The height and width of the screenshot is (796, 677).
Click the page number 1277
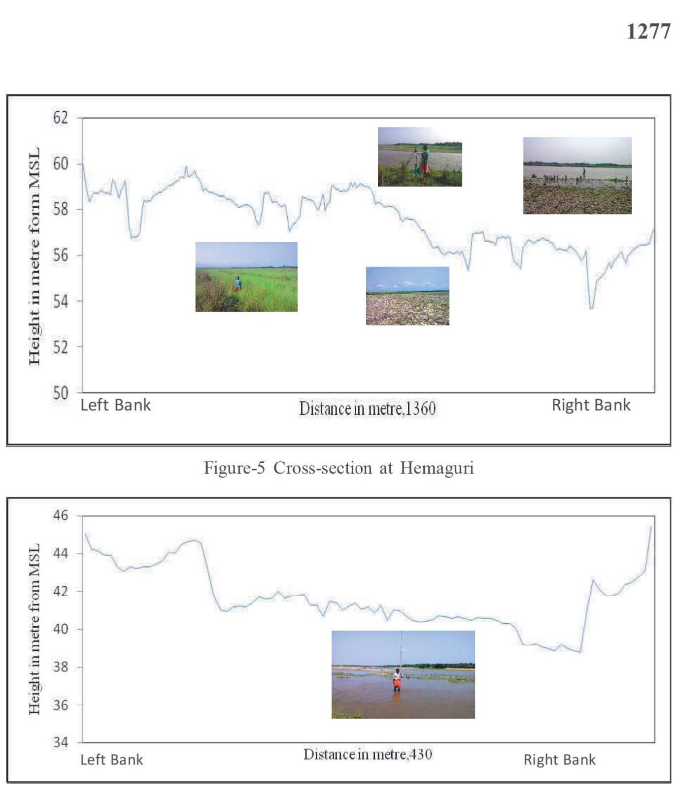(x=648, y=32)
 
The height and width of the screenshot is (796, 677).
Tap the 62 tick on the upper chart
(x=61, y=118)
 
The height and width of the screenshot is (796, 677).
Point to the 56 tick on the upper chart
(x=61, y=255)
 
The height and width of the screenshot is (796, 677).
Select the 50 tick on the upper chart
(x=61, y=393)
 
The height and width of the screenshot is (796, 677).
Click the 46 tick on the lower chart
(x=61, y=515)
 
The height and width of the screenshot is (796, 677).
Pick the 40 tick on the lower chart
(x=61, y=629)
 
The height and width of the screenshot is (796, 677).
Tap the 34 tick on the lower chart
(x=61, y=742)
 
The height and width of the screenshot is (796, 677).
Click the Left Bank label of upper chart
(x=115, y=405)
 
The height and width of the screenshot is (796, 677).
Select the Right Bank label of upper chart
(x=591, y=405)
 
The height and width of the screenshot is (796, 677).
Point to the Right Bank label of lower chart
(x=559, y=760)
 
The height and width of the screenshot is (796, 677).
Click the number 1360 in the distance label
(x=420, y=409)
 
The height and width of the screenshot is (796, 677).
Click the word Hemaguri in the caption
(x=437, y=468)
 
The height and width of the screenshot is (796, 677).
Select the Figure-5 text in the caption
(x=235, y=468)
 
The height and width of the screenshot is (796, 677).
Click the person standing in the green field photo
(x=237, y=284)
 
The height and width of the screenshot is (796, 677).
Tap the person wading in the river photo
(x=397, y=680)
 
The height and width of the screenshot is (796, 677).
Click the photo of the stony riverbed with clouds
(x=407, y=296)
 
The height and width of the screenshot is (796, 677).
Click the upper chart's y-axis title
(x=34, y=256)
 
